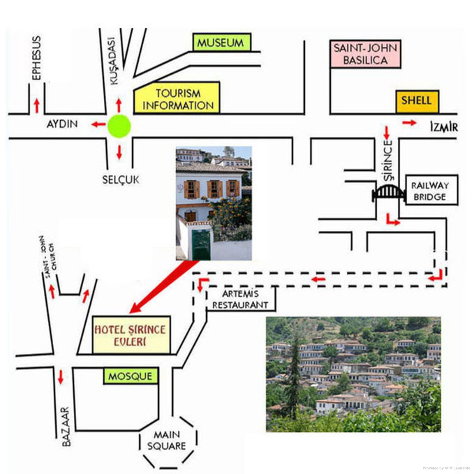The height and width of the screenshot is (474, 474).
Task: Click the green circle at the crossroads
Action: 119,126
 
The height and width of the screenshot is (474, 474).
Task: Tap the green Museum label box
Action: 221,43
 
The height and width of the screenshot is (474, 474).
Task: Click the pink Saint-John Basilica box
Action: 365,54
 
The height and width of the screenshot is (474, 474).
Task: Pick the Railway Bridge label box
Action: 431,190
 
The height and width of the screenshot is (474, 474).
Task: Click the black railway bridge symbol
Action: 388,193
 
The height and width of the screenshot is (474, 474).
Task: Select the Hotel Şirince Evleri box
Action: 131,335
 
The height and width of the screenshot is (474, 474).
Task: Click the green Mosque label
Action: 130,376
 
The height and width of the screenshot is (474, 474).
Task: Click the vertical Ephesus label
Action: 36,58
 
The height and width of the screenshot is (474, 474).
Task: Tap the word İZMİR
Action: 444,127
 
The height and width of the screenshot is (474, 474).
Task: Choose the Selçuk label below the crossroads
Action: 121,180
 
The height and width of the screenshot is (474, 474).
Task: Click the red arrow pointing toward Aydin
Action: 98,124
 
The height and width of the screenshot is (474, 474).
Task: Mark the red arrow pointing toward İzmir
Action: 409,123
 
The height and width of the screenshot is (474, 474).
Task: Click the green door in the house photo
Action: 201,245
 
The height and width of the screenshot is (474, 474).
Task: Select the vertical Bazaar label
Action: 66,427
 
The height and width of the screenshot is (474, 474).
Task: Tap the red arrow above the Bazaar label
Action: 60,377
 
